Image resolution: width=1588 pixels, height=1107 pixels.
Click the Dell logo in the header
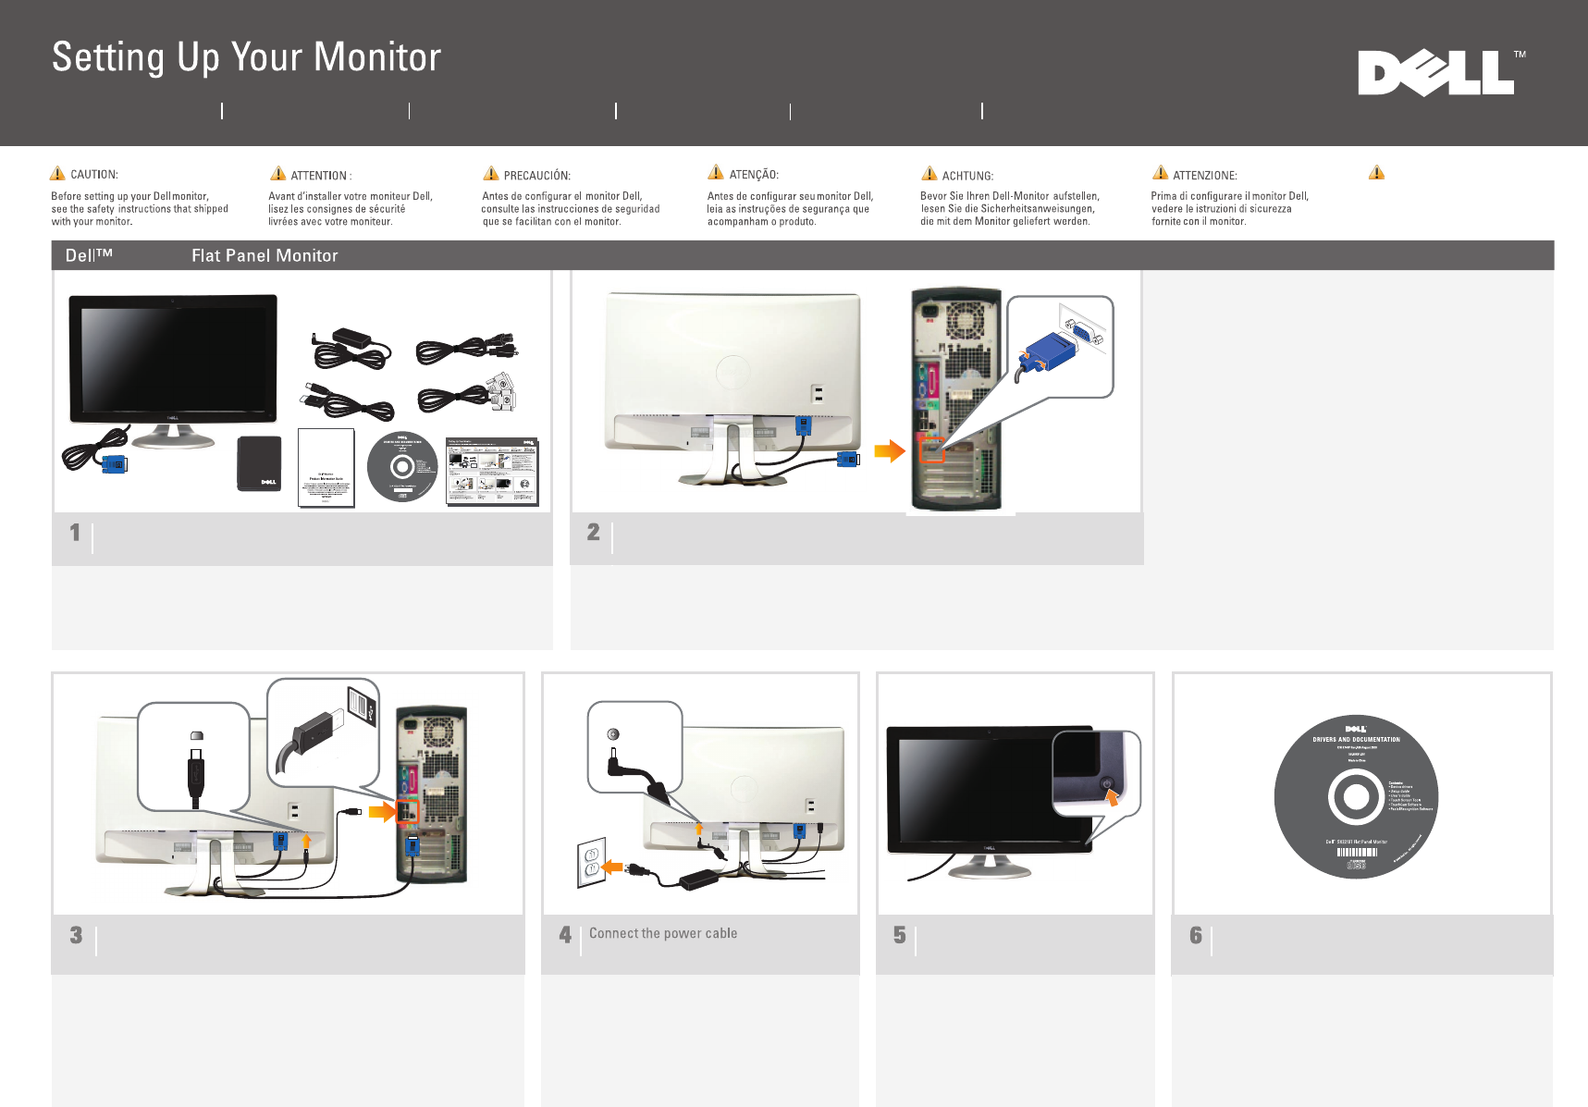[x=1436, y=73]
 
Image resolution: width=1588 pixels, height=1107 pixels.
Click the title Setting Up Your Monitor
[x=246, y=57]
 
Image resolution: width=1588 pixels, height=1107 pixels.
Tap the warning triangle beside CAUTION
[x=57, y=173]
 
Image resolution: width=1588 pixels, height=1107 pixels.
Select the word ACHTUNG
[x=967, y=176]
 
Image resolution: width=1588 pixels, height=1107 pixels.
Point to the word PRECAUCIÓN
[x=536, y=176]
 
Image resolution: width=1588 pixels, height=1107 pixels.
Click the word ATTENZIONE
[x=1204, y=176]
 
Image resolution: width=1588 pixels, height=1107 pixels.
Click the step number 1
[x=75, y=533]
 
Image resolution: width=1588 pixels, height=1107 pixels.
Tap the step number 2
[x=593, y=533]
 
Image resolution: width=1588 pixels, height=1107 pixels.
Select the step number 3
[x=76, y=936]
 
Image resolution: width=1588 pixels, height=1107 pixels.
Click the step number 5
[x=899, y=936]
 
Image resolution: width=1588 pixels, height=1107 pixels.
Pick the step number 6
[x=1195, y=936]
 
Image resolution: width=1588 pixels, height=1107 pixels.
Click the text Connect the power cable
[x=663, y=933]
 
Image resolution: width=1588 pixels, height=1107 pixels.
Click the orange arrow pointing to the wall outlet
[x=611, y=867]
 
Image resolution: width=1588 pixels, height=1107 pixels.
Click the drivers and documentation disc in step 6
[x=1356, y=796]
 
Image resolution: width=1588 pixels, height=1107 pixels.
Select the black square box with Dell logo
[x=259, y=463]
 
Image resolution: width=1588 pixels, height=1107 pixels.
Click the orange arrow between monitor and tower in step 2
[x=889, y=451]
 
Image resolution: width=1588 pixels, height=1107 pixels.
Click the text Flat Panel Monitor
[x=265, y=256]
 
